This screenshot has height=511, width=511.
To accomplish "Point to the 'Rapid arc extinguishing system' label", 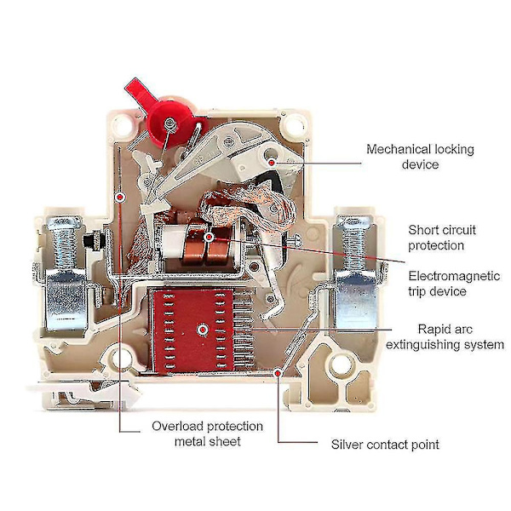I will click(445, 336).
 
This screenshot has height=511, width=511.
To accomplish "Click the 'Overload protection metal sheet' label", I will click(207, 433).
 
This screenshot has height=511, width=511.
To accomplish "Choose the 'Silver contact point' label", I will click(385, 445).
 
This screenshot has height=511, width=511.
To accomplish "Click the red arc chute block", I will click(201, 329).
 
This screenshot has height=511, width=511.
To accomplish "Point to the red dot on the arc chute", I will click(201, 329).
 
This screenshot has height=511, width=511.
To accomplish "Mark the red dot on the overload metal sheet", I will click(122, 197).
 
